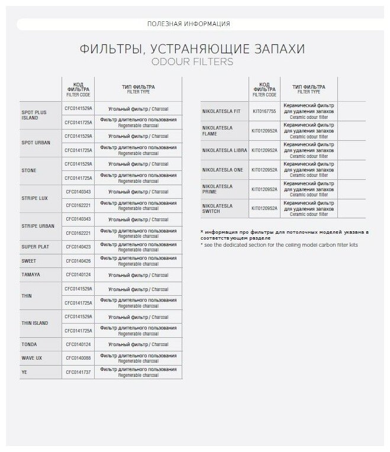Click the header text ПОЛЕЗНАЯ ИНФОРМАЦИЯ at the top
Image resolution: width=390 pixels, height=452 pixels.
point(188,24)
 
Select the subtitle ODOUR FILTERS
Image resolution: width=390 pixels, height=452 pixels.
point(192,62)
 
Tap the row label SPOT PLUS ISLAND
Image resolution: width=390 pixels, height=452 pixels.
point(34,115)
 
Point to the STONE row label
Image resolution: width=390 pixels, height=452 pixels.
point(29,170)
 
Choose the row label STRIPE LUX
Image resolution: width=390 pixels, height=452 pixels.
point(34,198)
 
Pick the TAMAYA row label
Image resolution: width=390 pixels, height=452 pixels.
point(31,274)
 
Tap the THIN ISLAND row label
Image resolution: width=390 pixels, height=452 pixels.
point(35,323)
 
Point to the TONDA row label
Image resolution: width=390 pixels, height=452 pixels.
point(30,344)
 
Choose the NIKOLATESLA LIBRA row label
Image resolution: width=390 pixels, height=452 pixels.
point(225,150)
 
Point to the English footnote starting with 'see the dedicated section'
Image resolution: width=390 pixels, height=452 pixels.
point(279,244)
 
